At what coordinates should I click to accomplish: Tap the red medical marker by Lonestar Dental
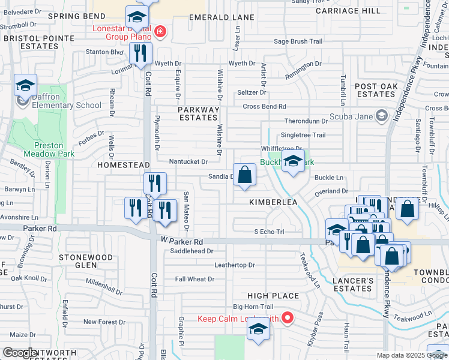[160, 31]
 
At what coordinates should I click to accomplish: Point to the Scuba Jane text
[350, 115]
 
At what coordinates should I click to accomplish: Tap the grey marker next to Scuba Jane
[381, 115]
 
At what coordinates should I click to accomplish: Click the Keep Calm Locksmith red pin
[288, 317]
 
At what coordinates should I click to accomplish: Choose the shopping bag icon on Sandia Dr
[245, 175]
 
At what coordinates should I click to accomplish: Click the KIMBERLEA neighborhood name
[273, 203]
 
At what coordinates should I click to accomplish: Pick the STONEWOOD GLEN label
[86, 260]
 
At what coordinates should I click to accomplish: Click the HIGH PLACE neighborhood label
[273, 296]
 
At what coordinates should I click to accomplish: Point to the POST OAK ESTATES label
[376, 91]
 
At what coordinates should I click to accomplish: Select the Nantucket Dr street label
[188, 161]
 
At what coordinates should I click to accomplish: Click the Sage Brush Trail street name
[298, 41]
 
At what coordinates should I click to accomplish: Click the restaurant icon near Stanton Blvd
[141, 54]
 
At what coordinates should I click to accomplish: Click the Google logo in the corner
[20, 353]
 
